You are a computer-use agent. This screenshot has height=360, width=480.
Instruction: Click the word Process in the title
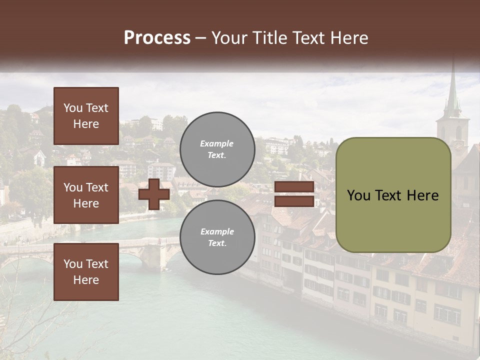(x=157, y=38)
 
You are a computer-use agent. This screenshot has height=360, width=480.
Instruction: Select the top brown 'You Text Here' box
(x=86, y=116)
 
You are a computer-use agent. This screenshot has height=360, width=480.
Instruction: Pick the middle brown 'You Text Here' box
(x=86, y=195)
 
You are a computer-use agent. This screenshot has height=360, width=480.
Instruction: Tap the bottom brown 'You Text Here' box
(x=86, y=271)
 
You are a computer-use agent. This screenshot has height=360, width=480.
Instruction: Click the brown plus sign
(x=154, y=194)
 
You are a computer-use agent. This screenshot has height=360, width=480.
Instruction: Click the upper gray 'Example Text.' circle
(x=217, y=149)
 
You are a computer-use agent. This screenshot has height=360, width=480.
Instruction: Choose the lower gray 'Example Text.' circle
(x=217, y=237)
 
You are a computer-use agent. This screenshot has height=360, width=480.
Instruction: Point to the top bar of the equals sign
(x=294, y=187)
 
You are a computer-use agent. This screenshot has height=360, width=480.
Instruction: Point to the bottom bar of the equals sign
(x=294, y=201)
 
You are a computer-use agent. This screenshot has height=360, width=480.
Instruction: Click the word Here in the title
(x=346, y=38)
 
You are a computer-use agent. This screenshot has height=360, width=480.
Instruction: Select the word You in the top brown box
(x=73, y=108)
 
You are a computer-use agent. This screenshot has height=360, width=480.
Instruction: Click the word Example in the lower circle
(x=217, y=231)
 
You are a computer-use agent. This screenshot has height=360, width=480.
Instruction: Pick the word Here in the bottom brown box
(x=86, y=280)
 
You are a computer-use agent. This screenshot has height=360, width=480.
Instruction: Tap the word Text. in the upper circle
(x=217, y=155)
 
